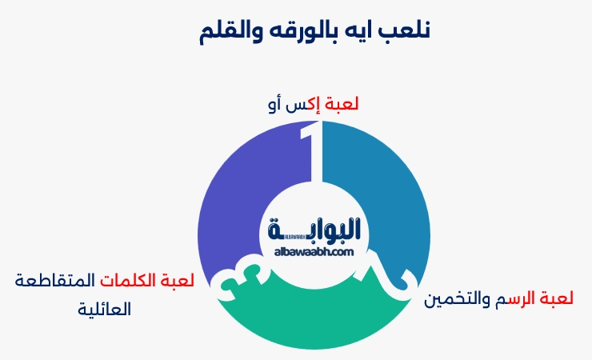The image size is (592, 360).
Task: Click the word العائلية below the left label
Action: click(x=104, y=309)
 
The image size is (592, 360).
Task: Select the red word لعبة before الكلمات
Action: click(x=176, y=281)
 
